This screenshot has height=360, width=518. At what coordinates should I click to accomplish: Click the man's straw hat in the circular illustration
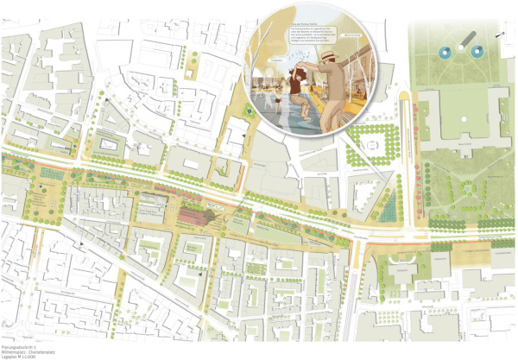pyautogui.click(x=329, y=54)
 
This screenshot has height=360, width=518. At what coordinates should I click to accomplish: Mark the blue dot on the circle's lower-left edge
pyautogui.click(x=249, y=110)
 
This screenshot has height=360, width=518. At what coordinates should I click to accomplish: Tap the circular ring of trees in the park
pyautogui.click(x=471, y=187)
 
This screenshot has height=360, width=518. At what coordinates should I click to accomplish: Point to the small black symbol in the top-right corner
pyautogui.click(x=502, y=35)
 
